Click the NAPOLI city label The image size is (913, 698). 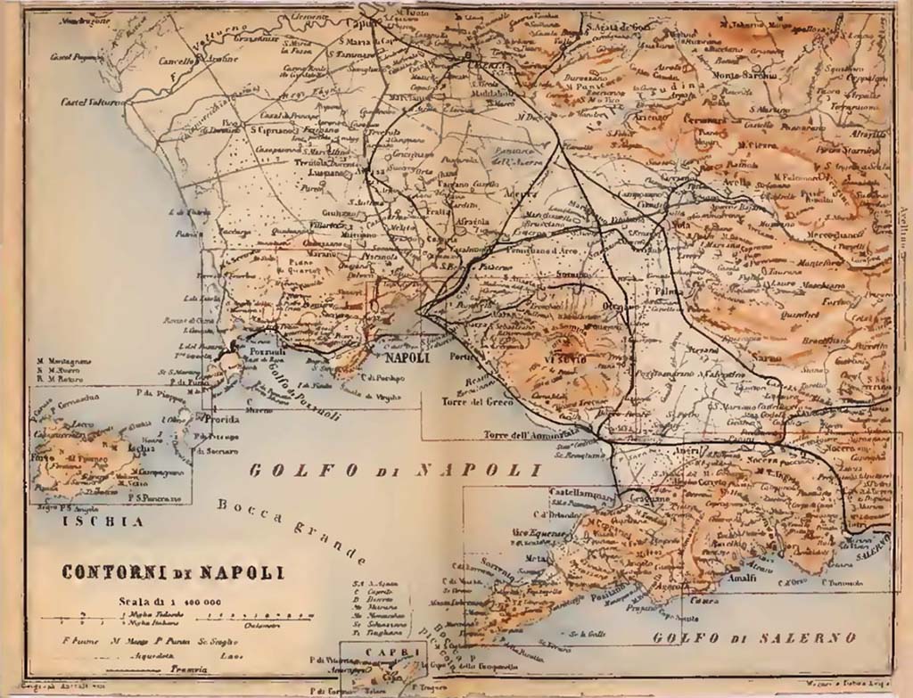pyautogui.click(x=406, y=358)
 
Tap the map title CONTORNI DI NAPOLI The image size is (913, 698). pyautogui.click(x=172, y=571)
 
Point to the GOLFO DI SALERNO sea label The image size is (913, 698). pyautogui.click(x=753, y=638)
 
